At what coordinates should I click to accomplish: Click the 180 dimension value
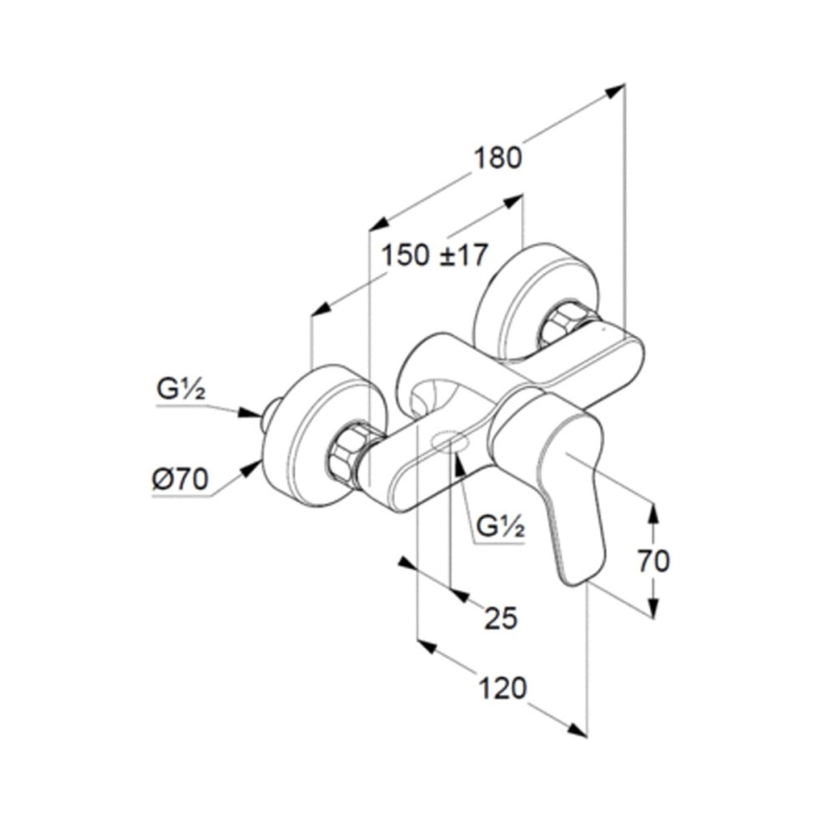(x=497, y=158)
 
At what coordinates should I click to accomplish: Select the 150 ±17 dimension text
(x=434, y=255)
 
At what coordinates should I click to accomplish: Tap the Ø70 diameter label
(x=181, y=479)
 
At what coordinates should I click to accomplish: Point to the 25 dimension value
(x=501, y=618)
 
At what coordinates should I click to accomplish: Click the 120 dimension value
(x=502, y=688)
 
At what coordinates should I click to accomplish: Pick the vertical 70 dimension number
(x=653, y=561)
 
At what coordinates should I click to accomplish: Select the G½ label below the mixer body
(x=501, y=527)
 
